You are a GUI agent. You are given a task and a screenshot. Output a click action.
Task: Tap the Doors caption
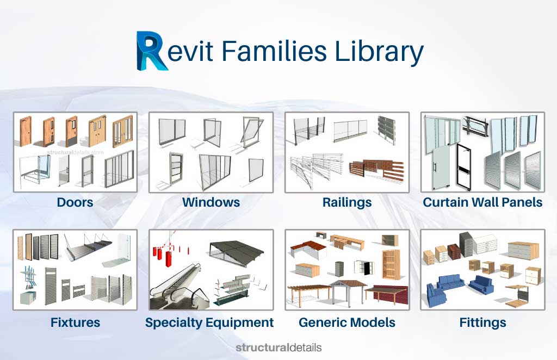tap(75, 203)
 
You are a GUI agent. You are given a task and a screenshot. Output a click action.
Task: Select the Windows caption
tap(211, 203)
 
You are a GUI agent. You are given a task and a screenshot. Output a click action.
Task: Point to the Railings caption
tap(347, 203)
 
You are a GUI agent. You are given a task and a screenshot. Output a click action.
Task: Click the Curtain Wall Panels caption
tap(482, 203)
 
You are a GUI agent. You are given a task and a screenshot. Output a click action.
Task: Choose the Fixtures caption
tap(75, 322)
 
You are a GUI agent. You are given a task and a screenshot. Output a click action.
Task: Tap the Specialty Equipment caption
tap(209, 322)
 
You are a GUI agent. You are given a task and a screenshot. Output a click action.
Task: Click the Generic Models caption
tap(347, 322)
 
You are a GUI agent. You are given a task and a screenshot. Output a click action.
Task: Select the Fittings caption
tap(482, 322)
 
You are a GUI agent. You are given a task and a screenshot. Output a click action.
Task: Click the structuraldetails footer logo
tap(278, 347)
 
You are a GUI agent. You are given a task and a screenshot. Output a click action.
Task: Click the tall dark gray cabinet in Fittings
tap(466, 244)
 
